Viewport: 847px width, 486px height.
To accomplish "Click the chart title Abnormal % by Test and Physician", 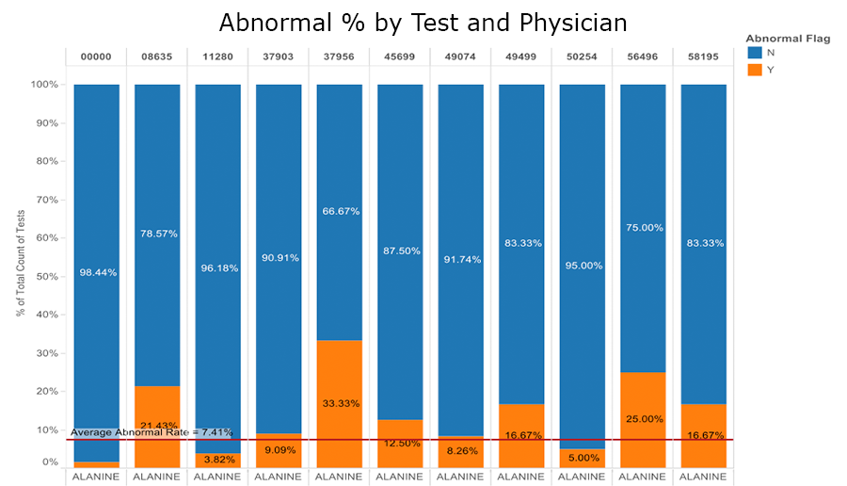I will tap(423, 22).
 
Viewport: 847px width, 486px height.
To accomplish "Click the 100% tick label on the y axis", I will tap(43, 85).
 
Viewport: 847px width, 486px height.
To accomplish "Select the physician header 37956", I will tap(339, 57).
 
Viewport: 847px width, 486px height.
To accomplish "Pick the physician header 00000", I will tap(96, 57).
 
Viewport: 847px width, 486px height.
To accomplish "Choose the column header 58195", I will tap(703, 57).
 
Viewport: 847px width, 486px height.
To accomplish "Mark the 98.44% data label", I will tap(97, 272).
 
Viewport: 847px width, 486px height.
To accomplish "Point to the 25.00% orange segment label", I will tap(643, 418).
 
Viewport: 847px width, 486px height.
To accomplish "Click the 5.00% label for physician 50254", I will tap(582, 459).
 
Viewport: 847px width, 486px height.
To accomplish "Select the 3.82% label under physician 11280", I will tap(217, 459).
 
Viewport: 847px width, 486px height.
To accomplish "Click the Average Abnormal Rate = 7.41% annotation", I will tap(151, 431).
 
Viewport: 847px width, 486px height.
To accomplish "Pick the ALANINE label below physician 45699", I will tap(400, 478).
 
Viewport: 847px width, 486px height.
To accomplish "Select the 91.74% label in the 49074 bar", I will tap(460, 259).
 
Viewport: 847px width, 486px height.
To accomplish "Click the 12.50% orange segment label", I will tap(400, 443).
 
